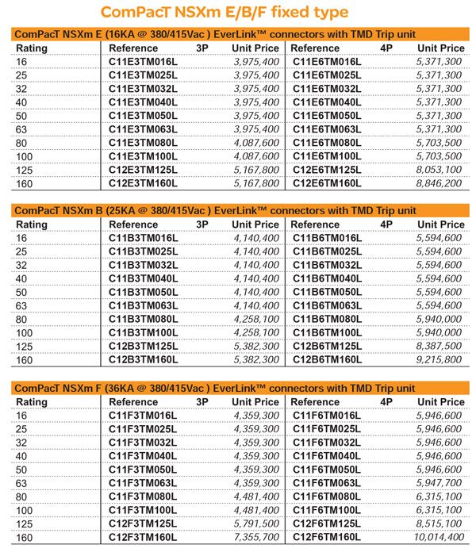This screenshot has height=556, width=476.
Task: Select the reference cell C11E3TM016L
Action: [x=143, y=61]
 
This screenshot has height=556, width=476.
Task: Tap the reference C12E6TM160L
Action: [x=326, y=182]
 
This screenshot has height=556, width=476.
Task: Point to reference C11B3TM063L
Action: [x=143, y=305]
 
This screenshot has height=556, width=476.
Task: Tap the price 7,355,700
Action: [x=255, y=537]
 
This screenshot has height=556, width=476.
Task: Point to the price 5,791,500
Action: [x=255, y=523]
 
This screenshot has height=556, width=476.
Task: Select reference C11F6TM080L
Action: [x=326, y=496]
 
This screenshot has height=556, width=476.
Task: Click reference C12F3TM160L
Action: [x=143, y=537]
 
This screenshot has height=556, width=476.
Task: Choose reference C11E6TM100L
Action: [x=326, y=155]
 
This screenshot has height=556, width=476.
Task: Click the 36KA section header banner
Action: [x=238, y=388]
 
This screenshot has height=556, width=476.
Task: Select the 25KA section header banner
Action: [x=238, y=210]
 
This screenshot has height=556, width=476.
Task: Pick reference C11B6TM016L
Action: [x=326, y=238]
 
